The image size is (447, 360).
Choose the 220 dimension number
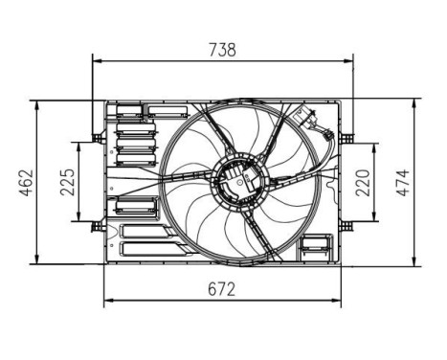click(363, 182)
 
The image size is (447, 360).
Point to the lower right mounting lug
click(348, 225)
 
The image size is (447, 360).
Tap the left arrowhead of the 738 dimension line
click(95, 61)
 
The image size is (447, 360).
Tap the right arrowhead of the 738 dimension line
click(350, 61)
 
